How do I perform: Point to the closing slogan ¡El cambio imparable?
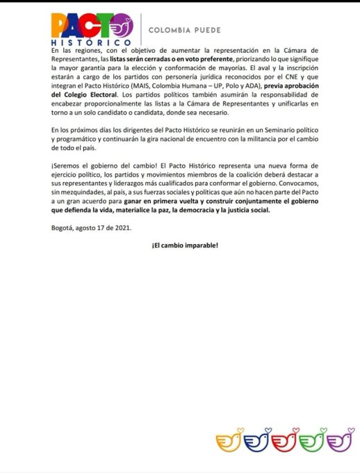point(180,246)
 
